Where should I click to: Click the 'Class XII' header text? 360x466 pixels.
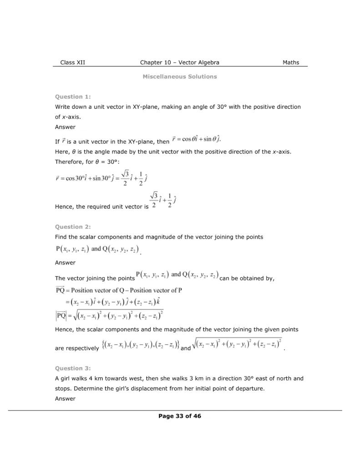tap(72, 63)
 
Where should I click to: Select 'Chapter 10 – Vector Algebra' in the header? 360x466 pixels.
tap(180, 63)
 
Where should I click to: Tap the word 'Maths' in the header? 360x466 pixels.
tap(291, 63)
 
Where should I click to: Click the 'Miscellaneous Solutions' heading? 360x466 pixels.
tap(180, 76)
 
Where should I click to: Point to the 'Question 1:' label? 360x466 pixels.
tap(73, 96)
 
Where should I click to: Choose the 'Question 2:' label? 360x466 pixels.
tap(73, 227)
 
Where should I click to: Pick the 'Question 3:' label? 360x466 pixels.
tap(73, 368)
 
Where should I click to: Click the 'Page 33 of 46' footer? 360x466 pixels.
tap(180, 416)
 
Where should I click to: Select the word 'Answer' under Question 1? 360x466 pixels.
tap(65, 127)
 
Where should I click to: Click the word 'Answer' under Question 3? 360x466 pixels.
tap(65, 399)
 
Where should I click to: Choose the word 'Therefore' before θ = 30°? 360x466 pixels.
tap(69, 162)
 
